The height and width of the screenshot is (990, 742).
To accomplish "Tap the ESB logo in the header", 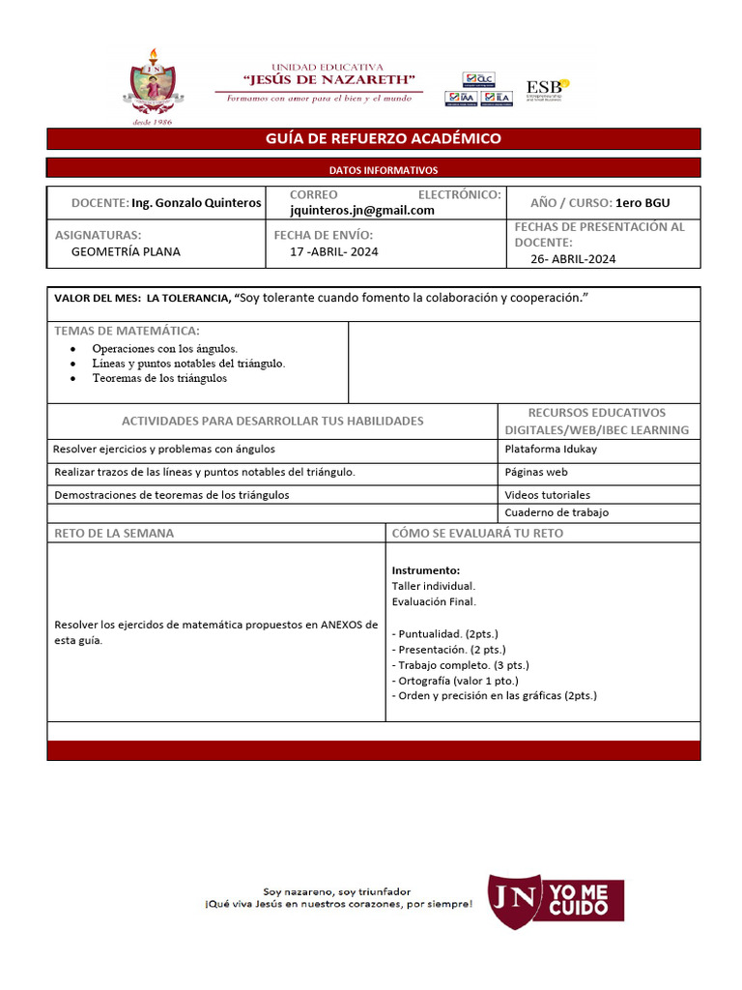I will coord(547,90).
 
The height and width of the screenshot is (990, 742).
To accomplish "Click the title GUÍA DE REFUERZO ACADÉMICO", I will coord(384,138).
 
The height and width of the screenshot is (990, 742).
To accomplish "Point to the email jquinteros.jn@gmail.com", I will coord(362,210).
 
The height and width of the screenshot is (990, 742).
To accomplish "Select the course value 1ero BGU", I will coord(642,203).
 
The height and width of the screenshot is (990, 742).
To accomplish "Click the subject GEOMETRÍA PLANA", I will coord(126,251).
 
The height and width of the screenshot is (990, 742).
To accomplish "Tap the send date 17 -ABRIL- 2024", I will coord(334,251).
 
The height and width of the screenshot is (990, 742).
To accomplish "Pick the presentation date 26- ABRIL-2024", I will coord(573,259).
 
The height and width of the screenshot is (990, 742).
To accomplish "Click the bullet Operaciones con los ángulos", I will coord(164,348).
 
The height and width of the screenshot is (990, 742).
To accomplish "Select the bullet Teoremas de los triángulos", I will coord(159,378).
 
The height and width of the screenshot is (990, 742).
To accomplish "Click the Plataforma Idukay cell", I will coord(549,449).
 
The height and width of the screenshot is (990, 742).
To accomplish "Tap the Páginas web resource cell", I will coord(536,472).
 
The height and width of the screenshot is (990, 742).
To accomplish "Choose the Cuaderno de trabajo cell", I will coord(556,512).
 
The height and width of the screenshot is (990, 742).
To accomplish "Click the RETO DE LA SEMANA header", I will coord(115,533).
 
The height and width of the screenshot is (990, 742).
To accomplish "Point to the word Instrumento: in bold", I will coord(426,570).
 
